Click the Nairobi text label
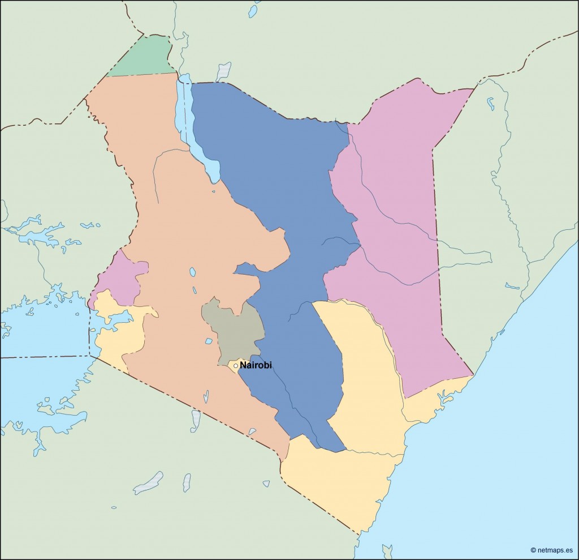(256, 365)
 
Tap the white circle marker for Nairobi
(236, 366)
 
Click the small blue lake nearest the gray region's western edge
(208, 341)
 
